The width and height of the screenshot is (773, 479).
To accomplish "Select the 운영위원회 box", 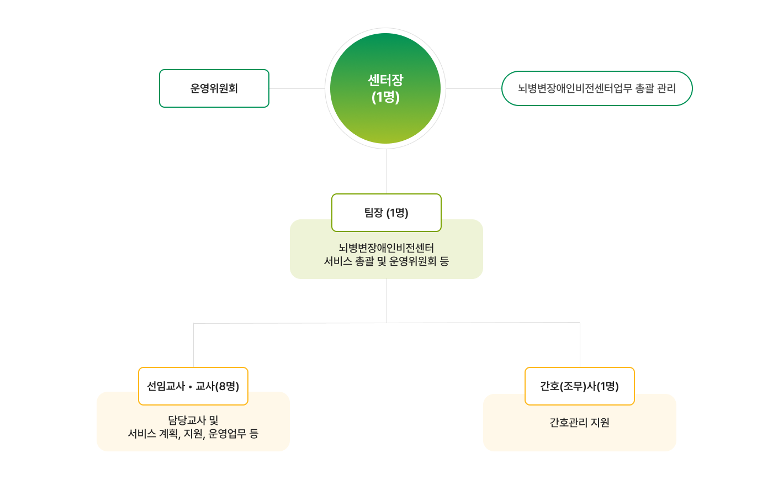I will (x=214, y=88).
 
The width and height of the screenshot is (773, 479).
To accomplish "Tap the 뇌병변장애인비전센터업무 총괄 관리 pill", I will (x=597, y=88).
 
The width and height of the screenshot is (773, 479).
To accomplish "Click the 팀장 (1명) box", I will (x=386, y=213).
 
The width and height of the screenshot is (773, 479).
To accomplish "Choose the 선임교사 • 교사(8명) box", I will (x=193, y=386).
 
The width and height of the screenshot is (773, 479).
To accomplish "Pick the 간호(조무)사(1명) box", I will (x=580, y=386).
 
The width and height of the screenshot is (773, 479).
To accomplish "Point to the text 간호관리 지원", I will (x=580, y=423).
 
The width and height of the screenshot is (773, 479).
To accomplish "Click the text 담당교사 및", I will (x=193, y=420).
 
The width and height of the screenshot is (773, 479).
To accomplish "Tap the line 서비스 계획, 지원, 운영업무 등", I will (x=193, y=434).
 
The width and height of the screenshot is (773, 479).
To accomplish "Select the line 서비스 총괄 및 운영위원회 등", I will (x=386, y=261).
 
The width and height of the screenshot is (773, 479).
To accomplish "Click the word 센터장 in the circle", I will (x=385, y=80).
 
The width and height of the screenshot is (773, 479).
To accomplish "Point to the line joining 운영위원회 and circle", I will (x=297, y=88).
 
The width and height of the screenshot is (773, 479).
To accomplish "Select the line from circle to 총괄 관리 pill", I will (x=473, y=88).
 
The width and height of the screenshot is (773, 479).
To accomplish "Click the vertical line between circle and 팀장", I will (x=386, y=171).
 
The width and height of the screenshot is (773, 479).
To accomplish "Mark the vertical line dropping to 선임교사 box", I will (x=193, y=345).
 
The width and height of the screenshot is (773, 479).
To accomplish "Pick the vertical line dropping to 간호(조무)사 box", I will (x=580, y=345).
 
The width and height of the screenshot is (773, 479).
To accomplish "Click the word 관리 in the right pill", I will (x=665, y=88).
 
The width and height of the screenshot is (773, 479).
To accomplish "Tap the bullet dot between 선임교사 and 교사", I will (x=190, y=387).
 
